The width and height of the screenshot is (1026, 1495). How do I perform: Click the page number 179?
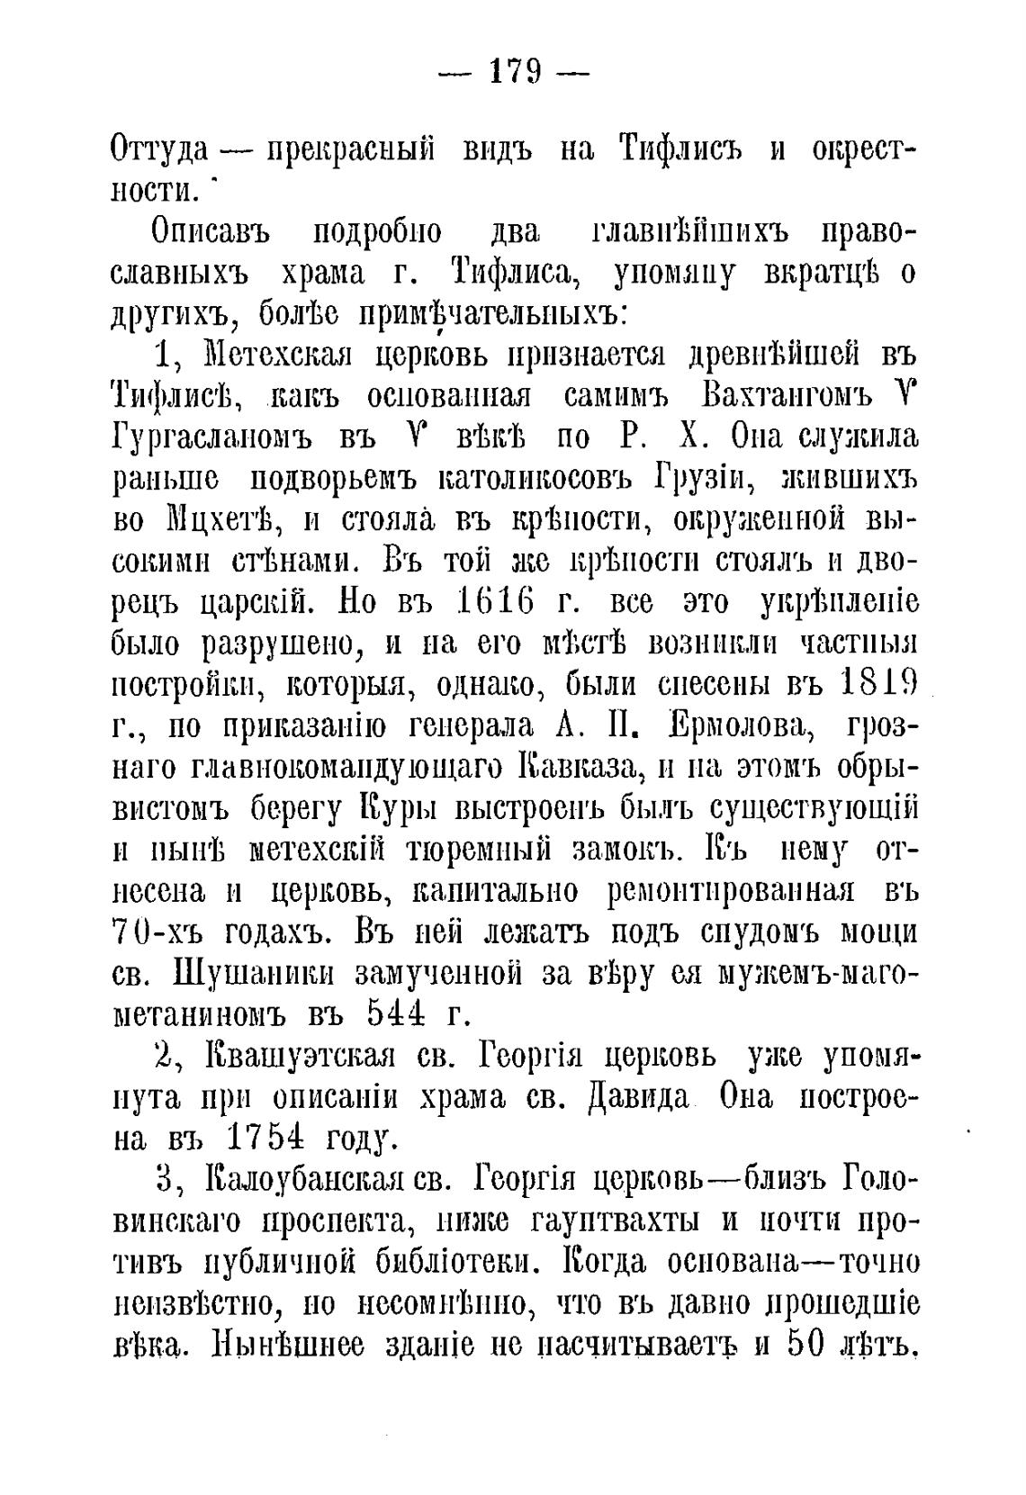[x=513, y=70]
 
